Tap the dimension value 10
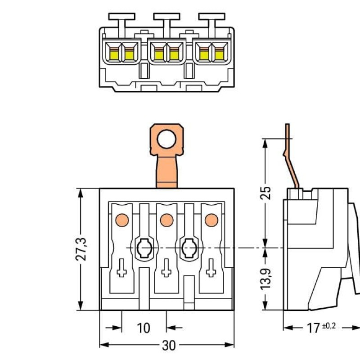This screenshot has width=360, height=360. (143, 328)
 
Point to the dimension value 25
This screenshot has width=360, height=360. (266, 193)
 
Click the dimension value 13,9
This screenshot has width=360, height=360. (266, 279)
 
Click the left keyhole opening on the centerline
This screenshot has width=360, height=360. (144, 247)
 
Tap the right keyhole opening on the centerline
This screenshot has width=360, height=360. (189, 247)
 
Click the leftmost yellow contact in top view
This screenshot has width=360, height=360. (114, 54)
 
